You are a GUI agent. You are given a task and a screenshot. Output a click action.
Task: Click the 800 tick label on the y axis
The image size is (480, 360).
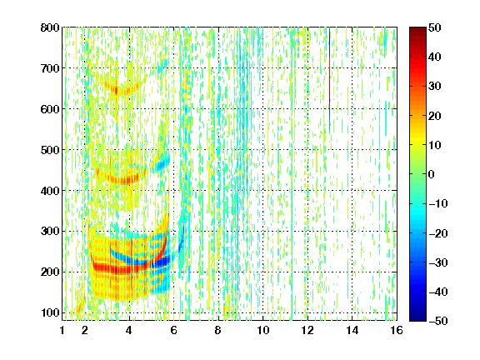pyautogui.click(x=50, y=27)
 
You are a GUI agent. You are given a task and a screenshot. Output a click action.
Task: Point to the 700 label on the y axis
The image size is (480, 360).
pyautogui.click(x=50, y=68)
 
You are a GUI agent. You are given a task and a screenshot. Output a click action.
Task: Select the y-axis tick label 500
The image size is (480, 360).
pyautogui.click(x=50, y=150)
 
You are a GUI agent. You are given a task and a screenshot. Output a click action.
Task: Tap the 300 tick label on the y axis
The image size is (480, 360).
pyautogui.click(x=50, y=232)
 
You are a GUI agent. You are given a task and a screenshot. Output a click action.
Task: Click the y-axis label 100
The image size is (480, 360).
pyautogui.click(x=50, y=312)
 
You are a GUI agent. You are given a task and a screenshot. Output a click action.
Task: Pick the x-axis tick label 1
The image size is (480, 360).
pyautogui.click(x=62, y=330)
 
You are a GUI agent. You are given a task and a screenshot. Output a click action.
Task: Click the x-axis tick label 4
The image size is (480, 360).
pyautogui.click(x=129, y=330)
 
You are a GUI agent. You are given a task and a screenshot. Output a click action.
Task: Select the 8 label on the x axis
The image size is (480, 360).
pyautogui.click(x=218, y=330)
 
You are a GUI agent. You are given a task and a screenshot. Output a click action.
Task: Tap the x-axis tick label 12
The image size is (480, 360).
pyautogui.click(x=307, y=330)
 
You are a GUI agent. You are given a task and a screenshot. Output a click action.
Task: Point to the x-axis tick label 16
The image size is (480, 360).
pyautogui.click(x=397, y=330)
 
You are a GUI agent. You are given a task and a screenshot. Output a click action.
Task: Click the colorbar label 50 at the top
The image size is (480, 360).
pyautogui.click(x=434, y=27)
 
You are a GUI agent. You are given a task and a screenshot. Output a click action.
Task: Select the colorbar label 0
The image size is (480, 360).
pyautogui.click(x=432, y=174)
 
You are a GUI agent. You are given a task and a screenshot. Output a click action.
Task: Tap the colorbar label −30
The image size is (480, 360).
pyautogui.click(x=438, y=262)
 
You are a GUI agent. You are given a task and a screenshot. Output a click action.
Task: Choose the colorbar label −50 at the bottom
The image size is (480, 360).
pyautogui.click(x=438, y=321)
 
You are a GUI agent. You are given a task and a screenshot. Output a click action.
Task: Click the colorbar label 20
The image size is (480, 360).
pyautogui.click(x=434, y=116)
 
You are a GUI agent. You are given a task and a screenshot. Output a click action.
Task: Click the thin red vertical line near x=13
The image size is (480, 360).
pyautogui.click(x=329, y=82)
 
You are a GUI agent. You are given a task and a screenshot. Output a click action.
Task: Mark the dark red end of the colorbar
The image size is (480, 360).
pyautogui.click(x=417, y=29)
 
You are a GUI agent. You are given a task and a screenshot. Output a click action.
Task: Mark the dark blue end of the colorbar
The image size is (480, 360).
pyautogui.click(x=417, y=319)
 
